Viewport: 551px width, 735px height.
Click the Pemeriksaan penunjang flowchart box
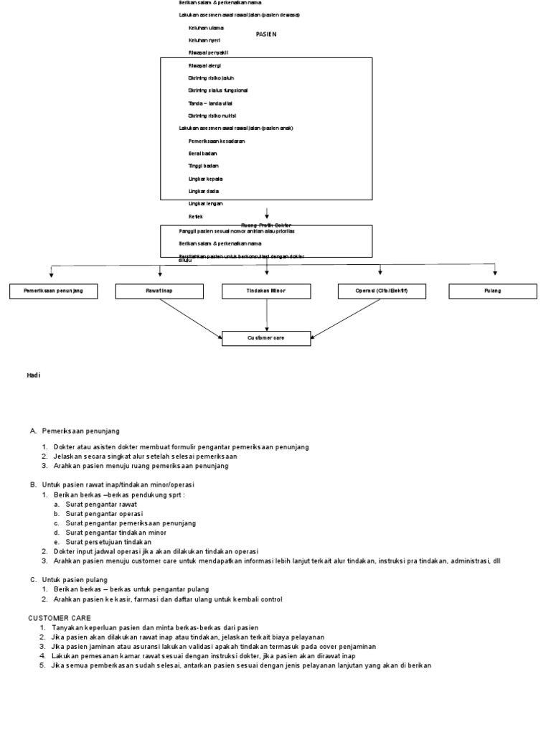coord(53,291)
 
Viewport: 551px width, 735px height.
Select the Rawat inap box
coord(160,291)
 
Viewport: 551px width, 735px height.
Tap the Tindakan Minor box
coord(266,291)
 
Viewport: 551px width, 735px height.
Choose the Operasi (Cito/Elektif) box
coord(381,291)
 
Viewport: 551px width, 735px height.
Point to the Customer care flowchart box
coord(266,338)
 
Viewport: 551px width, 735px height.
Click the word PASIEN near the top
coord(266,34)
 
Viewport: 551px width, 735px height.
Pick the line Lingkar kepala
coord(205,178)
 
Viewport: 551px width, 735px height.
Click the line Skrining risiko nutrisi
coord(212,116)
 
